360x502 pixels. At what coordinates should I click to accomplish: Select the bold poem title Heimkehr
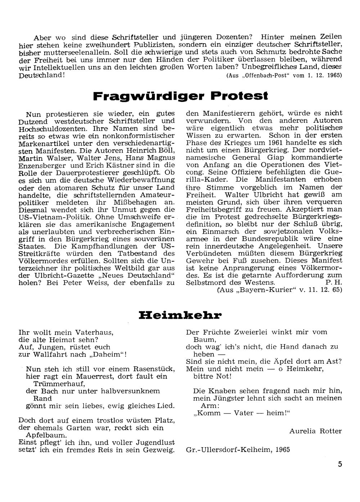(x=180, y=316)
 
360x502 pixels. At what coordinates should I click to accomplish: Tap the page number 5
(x=340, y=464)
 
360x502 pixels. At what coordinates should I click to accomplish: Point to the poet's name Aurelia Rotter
(x=315, y=431)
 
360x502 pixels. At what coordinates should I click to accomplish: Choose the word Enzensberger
(x=42, y=165)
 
